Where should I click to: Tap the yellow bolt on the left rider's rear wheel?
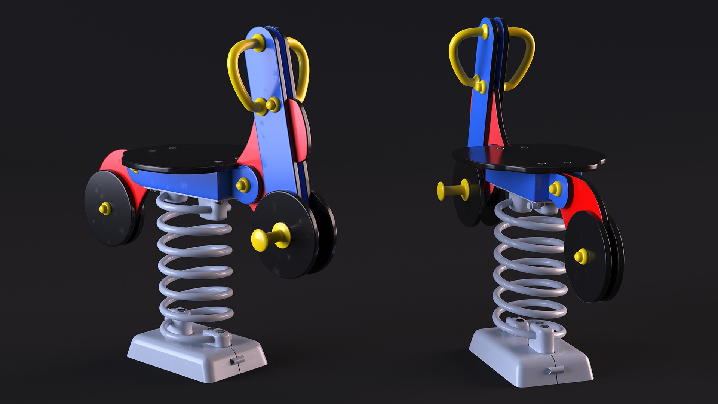[x=105, y=208]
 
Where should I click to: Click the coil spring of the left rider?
[x=194, y=262]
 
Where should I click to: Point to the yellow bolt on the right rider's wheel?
[x=582, y=256]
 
